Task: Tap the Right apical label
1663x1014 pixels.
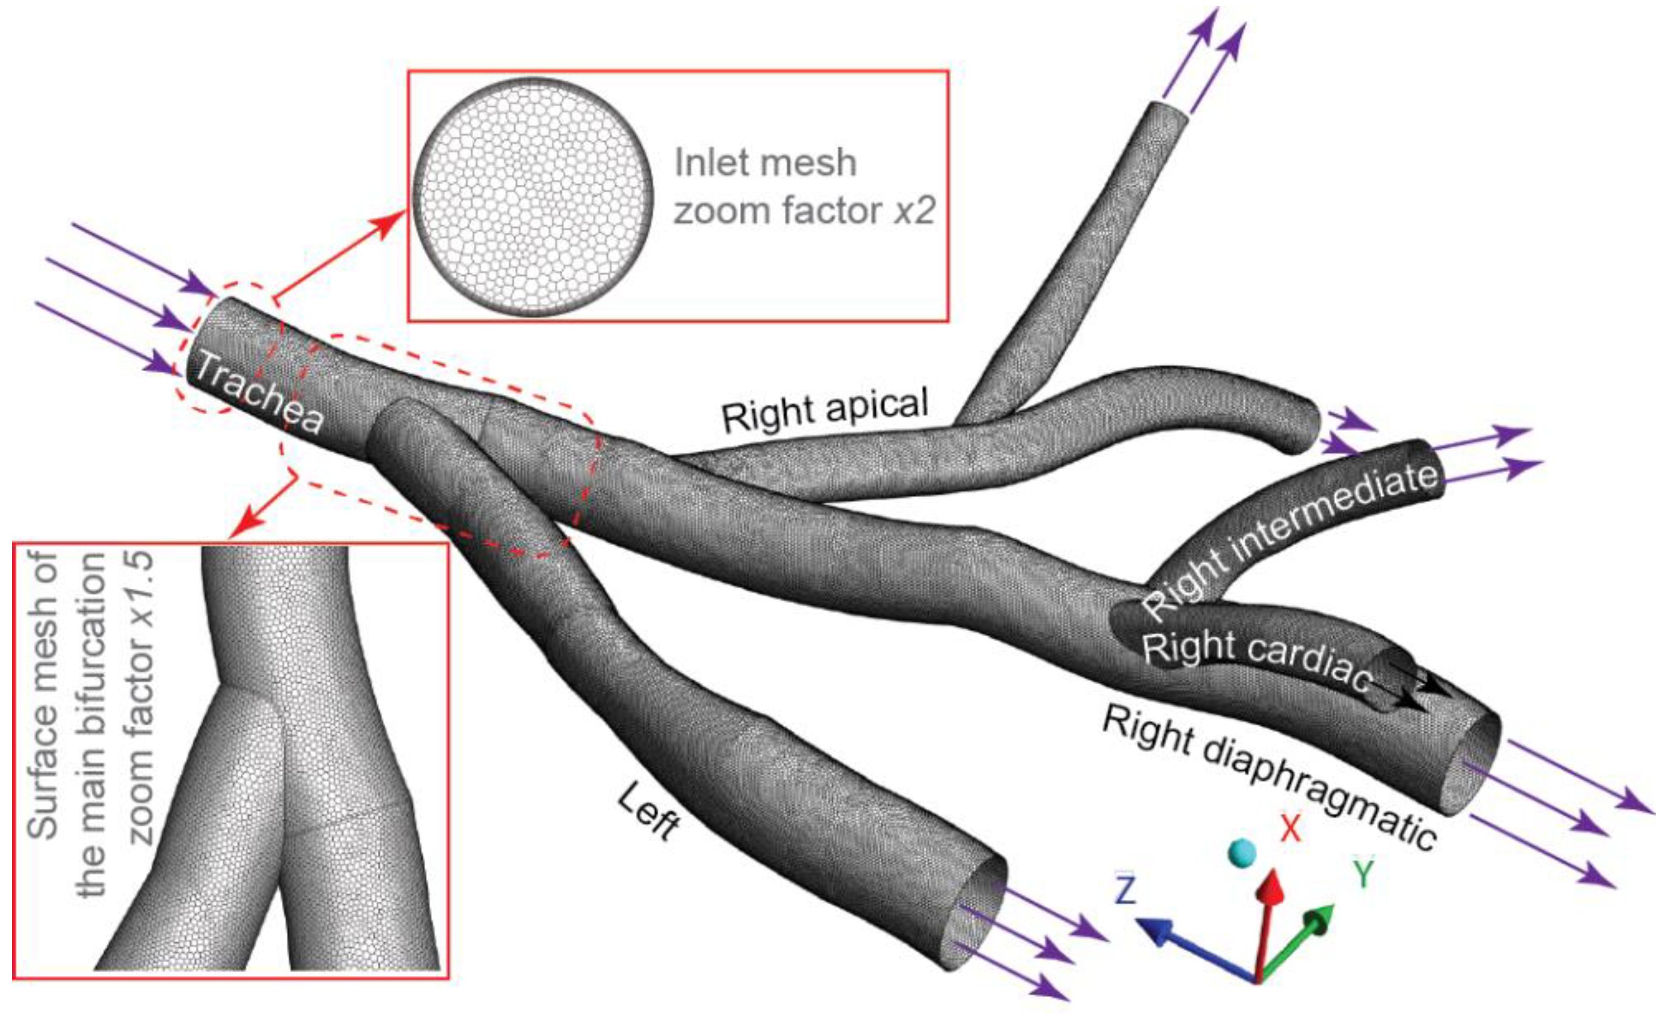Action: click(x=825, y=409)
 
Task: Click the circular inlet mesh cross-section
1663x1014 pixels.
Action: click(x=533, y=197)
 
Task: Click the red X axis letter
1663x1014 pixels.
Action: click(x=1291, y=827)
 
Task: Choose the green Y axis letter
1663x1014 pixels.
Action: click(x=1364, y=874)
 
